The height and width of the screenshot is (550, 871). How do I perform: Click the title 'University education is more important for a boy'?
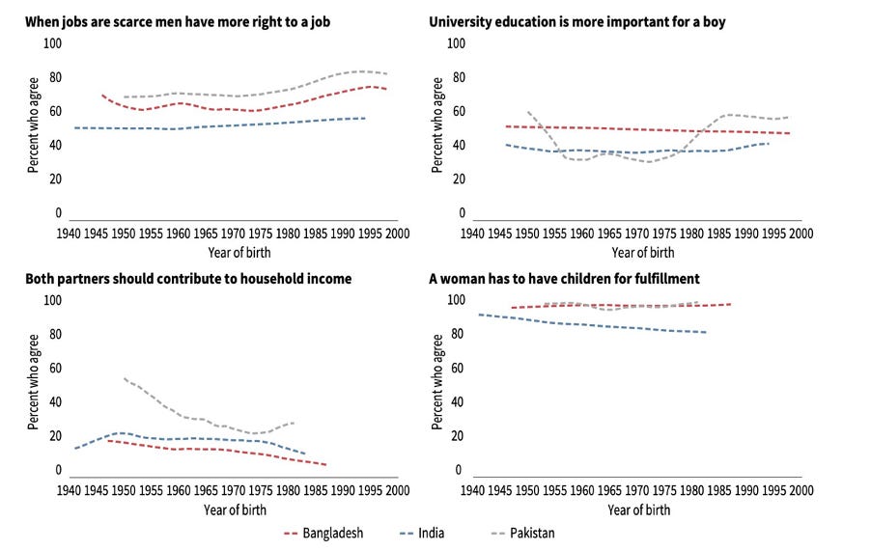pyautogui.click(x=576, y=22)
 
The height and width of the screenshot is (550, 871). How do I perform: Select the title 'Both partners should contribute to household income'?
pyautogui.click(x=188, y=279)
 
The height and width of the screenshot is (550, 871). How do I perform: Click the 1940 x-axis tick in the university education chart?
pyautogui.click(x=472, y=234)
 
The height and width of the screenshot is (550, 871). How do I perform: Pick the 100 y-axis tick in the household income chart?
pyautogui.click(x=54, y=300)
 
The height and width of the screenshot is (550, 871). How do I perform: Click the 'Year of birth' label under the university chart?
pyautogui.click(x=643, y=253)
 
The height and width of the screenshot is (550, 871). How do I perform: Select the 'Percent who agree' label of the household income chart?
pyautogui.click(x=33, y=386)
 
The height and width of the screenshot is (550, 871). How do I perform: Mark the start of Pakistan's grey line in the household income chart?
pyautogui.click(x=124, y=378)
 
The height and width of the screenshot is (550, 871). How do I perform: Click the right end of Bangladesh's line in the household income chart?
pyautogui.click(x=326, y=465)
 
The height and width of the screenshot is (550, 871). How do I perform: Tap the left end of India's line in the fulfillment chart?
pyautogui.click(x=479, y=314)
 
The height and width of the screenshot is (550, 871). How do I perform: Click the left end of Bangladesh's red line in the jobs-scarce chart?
pyautogui.click(x=101, y=95)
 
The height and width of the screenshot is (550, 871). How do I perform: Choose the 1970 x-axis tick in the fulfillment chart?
pyautogui.click(x=636, y=490)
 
